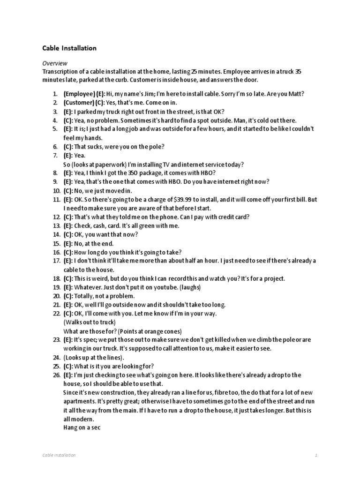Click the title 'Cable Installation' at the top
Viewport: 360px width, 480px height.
pyautogui.click(x=69, y=48)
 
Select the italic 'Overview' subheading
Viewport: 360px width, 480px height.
pyautogui.click(x=55, y=63)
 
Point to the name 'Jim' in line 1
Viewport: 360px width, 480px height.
pyautogui.click(x=150, y=94)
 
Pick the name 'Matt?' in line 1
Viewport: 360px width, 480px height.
pyautogui.click(x=296, y=94)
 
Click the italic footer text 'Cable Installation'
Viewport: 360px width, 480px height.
pyautogui.click(x=59, y=455)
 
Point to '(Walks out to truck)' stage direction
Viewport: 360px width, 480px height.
pyautogui.click(x=89, y=322)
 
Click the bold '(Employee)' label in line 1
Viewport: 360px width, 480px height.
pyautogui.click(x=79, y=94)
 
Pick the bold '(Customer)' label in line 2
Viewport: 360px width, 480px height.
pyautogui.click(x=79, y=103)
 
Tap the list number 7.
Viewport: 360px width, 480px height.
pyautogui.click(x=55, y=156)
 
